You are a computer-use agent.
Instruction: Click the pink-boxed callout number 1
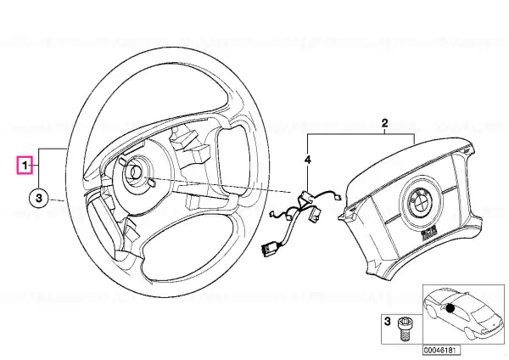25,166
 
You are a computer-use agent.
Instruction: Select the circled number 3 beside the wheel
39,198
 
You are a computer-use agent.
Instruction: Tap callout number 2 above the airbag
384,123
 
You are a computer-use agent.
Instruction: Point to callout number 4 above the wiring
307,160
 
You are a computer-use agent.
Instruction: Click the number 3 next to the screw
388,322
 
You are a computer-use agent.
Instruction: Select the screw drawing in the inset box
403,329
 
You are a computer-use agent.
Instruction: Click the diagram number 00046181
437,351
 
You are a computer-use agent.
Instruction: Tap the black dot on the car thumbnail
450,308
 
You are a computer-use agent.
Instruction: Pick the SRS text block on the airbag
428,234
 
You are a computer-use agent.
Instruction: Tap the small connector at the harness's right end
338,196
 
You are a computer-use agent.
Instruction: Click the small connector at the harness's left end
272,213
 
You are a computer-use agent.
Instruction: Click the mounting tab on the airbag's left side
346,212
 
